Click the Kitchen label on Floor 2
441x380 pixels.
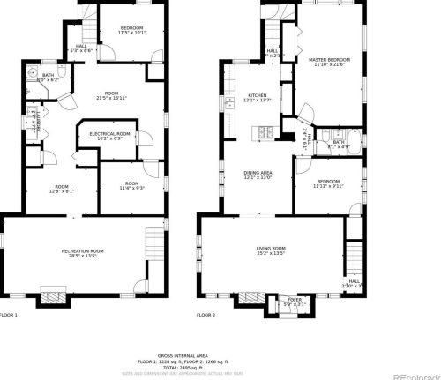coord(258,94)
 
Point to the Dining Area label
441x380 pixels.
coord(259,172)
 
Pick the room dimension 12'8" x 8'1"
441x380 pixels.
coord(62,191)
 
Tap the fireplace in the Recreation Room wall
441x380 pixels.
coord(53,294)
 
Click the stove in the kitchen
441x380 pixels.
coord(262,134)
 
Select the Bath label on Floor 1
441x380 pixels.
coord(48,76)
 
